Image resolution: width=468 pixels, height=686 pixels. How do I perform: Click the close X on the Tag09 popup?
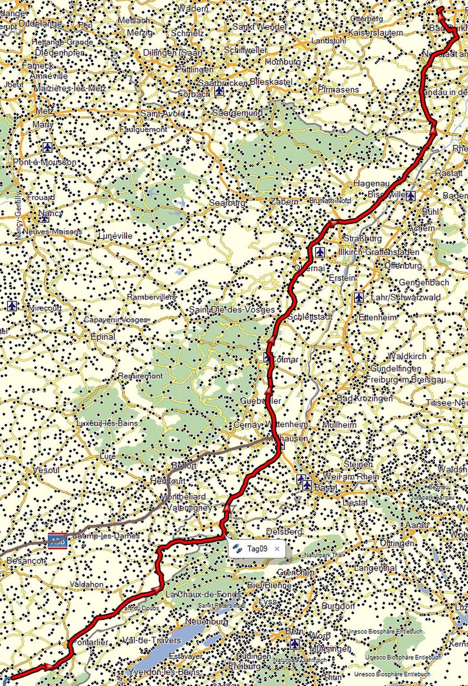tap(277, 549)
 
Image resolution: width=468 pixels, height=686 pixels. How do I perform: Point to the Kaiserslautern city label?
tap(375, 33)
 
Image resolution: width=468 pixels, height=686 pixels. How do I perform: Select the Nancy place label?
tap(50, 213)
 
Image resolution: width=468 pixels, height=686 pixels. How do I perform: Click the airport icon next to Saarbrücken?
tap(219, 91)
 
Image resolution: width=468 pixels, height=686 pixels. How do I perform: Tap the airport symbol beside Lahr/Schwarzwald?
tap(359, 297)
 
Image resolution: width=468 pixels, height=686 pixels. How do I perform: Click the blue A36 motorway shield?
tap(58, 541)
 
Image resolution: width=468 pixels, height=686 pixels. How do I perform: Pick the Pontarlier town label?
tap(89, 642)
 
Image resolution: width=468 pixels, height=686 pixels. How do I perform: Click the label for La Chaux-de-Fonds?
tap(203, 594)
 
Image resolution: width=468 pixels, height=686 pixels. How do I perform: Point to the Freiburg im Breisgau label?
tap(405, 380)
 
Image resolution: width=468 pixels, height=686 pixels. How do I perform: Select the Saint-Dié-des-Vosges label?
tap(232, 309)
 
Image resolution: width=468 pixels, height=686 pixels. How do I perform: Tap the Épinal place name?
tap(103, 336)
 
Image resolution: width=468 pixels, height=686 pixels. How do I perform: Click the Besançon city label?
tap(26, 561)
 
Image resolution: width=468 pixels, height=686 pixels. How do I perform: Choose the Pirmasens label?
tap(338, 89)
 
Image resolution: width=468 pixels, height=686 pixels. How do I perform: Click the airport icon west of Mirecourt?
tap(12, 306)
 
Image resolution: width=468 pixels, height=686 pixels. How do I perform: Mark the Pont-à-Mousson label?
tap(45, 162)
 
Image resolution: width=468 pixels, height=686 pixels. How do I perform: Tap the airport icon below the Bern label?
tap(294, 644)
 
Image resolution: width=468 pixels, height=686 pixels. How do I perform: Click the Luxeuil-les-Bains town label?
tap(107, 422)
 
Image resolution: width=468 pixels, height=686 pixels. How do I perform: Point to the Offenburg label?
tap(403, 266)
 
